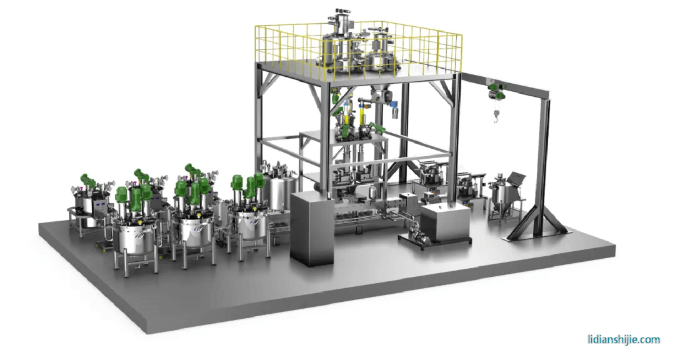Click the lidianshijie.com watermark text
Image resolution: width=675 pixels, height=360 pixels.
tap(624, 339)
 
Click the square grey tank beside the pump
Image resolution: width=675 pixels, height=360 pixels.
tap(445, 222)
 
